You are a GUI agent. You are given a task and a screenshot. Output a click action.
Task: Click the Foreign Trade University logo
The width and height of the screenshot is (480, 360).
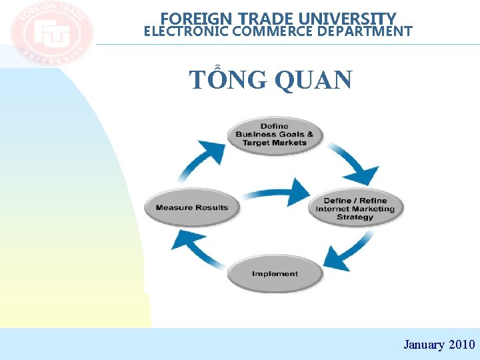(52, 34)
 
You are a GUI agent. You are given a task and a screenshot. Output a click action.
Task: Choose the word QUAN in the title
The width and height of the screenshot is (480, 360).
(313, 79)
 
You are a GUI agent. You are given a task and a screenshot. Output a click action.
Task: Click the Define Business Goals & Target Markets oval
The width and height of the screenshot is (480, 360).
(275, 135)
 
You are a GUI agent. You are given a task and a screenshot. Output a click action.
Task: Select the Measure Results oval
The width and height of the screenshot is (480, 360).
(192, 207)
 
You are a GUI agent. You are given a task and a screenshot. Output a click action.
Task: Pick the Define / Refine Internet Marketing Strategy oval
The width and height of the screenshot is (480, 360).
(355, 209)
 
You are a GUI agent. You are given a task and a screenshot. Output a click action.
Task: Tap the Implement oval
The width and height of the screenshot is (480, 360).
(275, 274)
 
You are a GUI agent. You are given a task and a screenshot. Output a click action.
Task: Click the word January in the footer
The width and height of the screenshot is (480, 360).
(423, 345)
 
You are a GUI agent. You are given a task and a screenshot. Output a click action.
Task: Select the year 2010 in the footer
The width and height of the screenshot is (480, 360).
(462, 345)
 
